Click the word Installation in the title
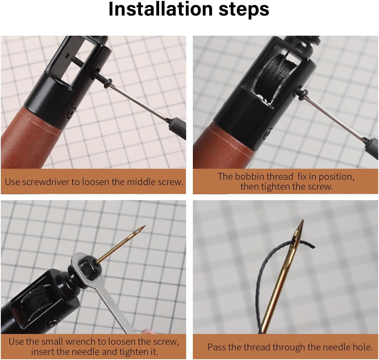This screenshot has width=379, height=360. pos(161,9)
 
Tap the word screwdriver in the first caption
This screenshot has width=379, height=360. pos(46,182)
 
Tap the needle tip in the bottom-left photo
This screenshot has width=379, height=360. pos(145,226)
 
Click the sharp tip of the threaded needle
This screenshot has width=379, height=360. pos(303,220)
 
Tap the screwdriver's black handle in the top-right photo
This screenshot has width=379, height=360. pos(371,148)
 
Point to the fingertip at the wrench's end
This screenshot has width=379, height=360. pos(148,331)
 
